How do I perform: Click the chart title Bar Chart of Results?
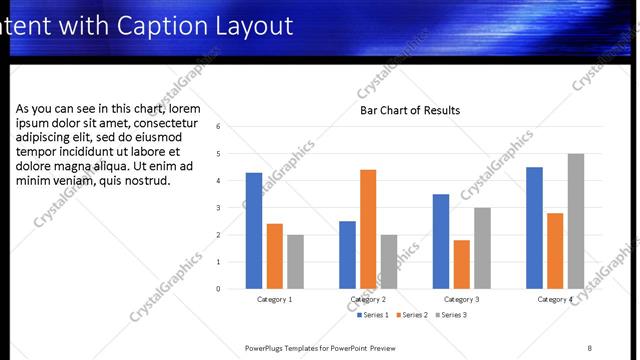[x=410, y=111]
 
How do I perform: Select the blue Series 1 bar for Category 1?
[x=254, y=231]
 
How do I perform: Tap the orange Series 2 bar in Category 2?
[x=368, y=229]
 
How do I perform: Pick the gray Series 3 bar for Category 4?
[x=576, y=221]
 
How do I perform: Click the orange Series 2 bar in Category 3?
[x=461, y=264]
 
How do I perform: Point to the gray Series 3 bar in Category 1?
[x=295, y=262]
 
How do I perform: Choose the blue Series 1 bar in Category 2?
[x=347, y=255]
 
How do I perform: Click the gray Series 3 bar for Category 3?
[x=482, y=248]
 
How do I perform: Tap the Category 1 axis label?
[x=275, y=299]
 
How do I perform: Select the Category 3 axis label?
[x=461, y=299]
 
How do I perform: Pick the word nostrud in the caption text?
[x=146, y=181]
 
